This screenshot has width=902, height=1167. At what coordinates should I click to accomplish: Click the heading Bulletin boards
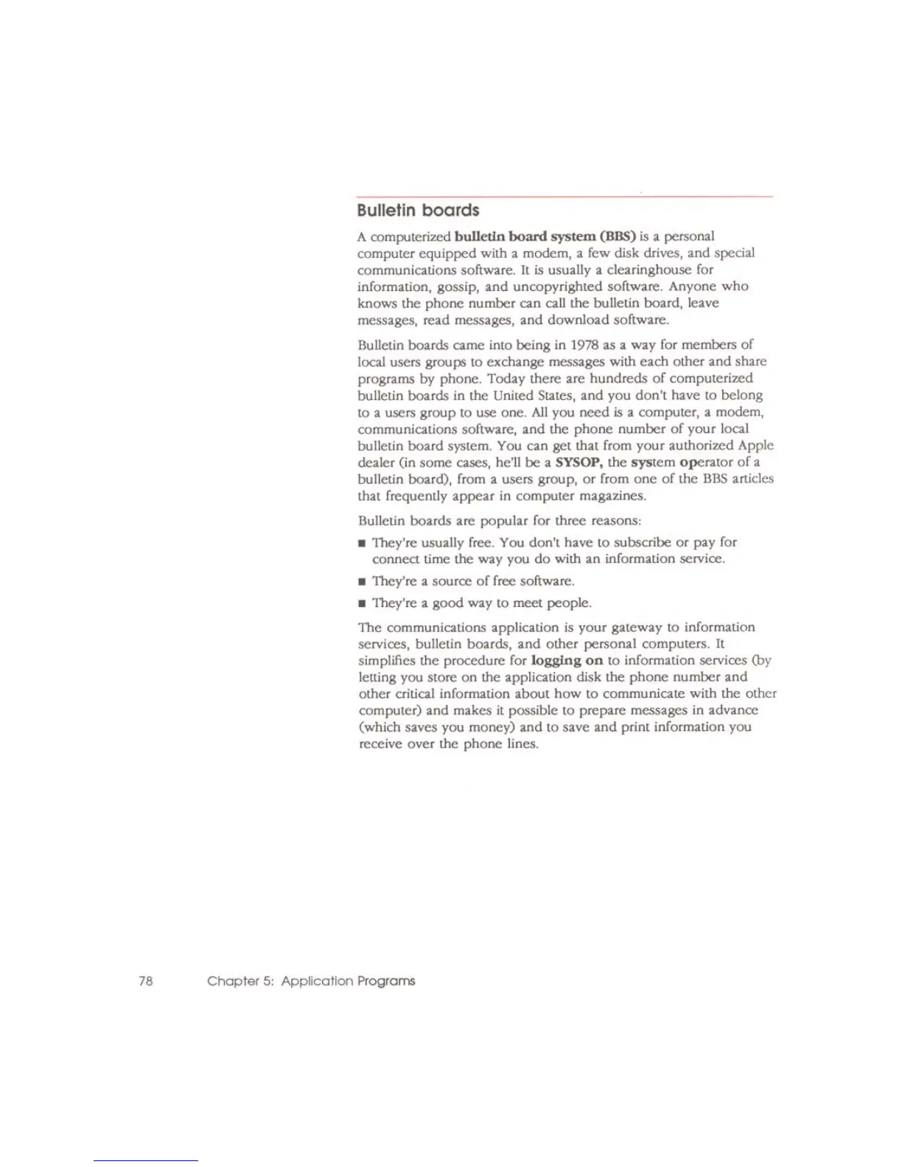pos(418,211)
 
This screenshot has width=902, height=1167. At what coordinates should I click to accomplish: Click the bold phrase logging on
pos(567,660)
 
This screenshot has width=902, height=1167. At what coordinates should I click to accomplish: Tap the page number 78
pos(145,981)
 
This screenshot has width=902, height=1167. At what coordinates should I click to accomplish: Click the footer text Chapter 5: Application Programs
pos(311,981)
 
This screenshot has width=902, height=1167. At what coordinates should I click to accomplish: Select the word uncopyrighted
pos(553,287)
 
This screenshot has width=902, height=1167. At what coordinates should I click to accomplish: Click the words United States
pos(536,395)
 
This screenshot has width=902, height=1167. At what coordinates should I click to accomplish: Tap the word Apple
pos(755,445)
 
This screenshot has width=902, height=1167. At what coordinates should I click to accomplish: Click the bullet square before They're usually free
pos(362,544)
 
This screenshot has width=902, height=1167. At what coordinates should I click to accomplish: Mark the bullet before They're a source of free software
pos(362,582)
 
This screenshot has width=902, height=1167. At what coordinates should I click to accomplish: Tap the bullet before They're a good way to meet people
pos(362,603)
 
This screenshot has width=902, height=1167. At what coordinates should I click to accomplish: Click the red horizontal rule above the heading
pos(564,197)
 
